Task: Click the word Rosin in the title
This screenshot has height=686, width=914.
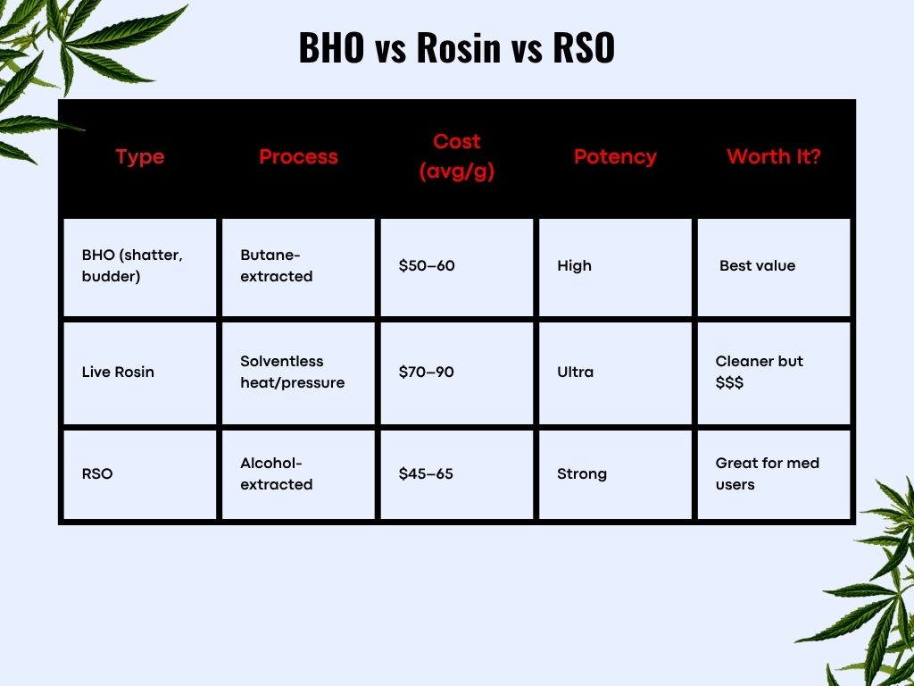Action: [x=459, y=47]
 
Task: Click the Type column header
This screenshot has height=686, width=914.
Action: [x=140, y=157]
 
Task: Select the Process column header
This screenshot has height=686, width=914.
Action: [x=298, y=156]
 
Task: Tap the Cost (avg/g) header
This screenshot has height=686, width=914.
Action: [x=457, y=156]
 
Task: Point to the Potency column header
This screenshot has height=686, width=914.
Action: [x=616, y=157]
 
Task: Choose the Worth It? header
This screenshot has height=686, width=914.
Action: [x=774, y=156]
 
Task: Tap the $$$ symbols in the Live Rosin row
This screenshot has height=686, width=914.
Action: [x=729, y=382]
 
